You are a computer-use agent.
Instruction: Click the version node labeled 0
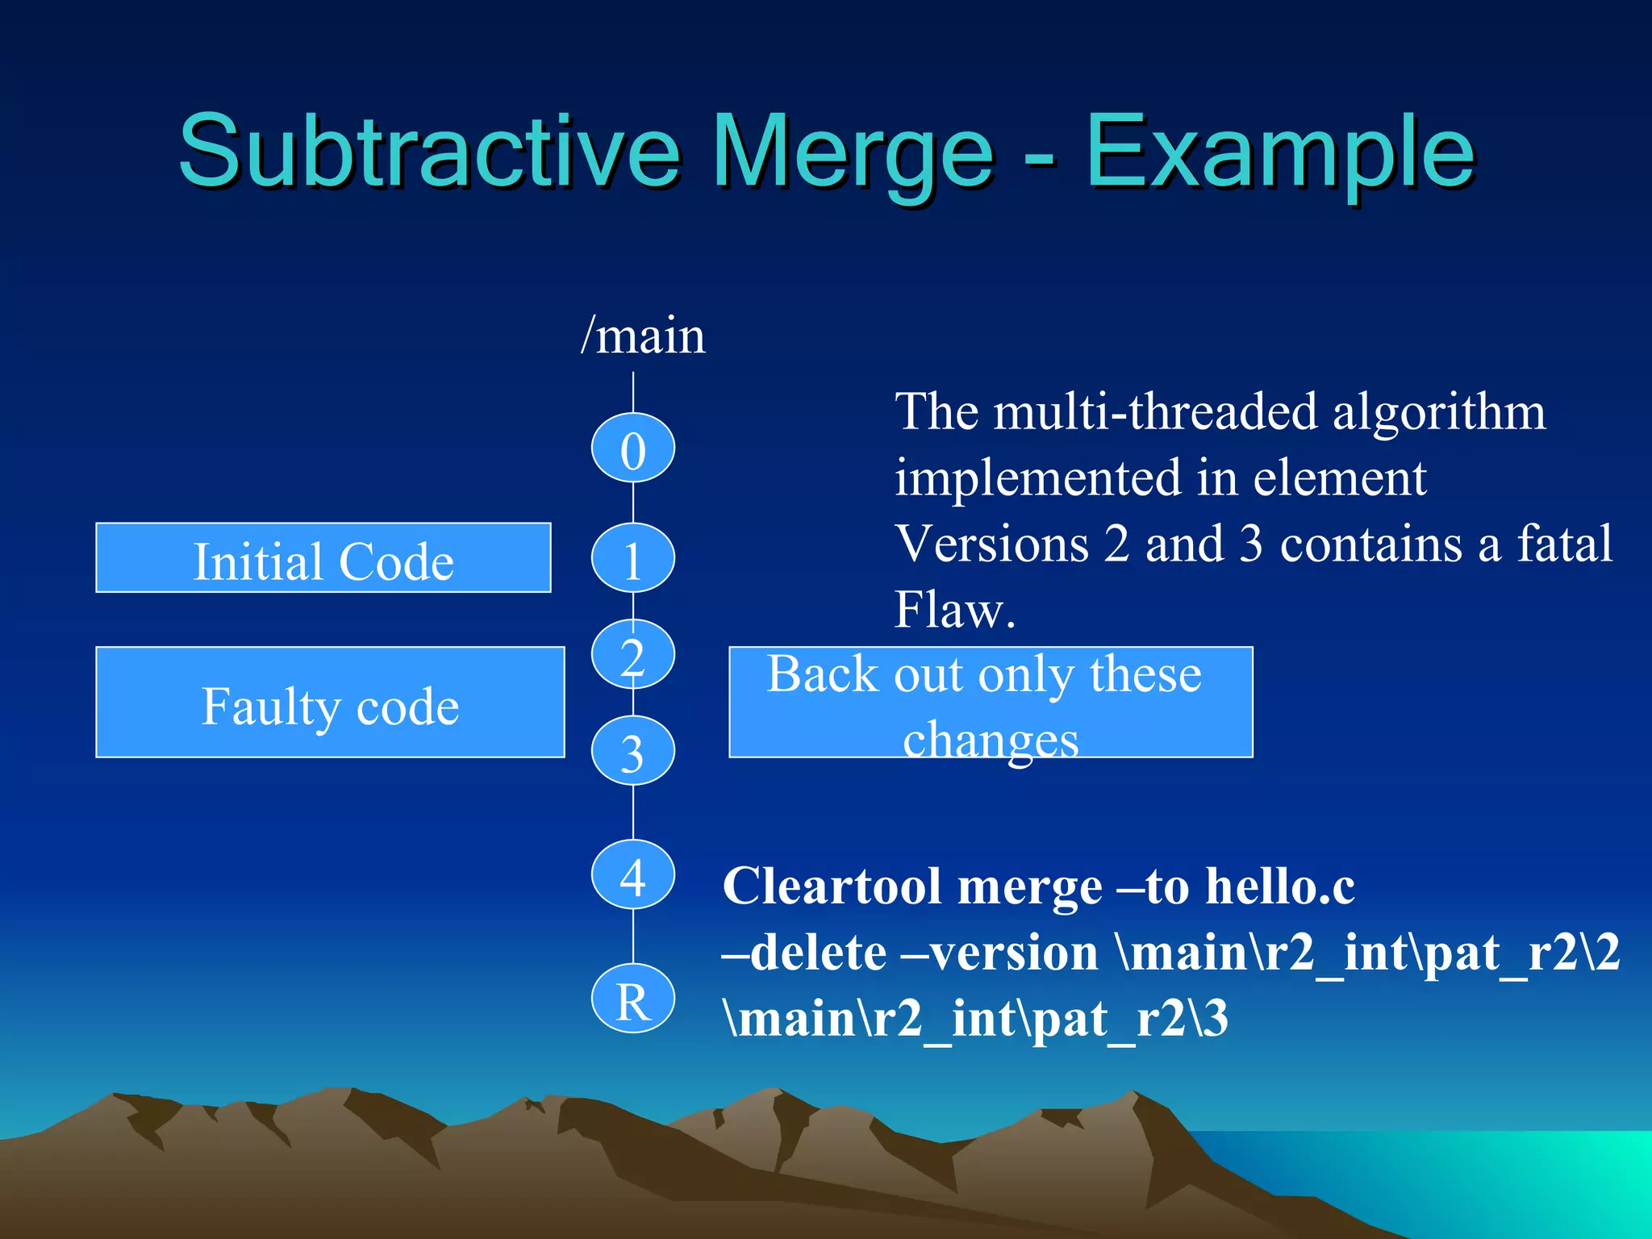point(632,448)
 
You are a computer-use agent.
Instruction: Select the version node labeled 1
point(632,558)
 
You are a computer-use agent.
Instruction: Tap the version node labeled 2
point(632,654)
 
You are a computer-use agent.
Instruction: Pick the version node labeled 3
point(632,751)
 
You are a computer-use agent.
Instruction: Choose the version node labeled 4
point(632,875)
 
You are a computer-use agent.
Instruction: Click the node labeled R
point(632,999)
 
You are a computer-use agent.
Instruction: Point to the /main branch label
point(643,336)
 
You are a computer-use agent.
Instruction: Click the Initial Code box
point(323,558)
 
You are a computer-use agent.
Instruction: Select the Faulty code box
point(329,703)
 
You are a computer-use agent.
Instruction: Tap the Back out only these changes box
point(990,703)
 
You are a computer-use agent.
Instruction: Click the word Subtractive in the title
point(428,152)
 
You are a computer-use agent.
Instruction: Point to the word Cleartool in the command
point(831,887)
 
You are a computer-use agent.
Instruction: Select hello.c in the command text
point(1279,887)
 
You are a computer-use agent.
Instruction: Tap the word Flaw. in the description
point(953,610)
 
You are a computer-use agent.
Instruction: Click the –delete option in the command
point(803,953)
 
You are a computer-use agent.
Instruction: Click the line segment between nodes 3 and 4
point(633,812)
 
